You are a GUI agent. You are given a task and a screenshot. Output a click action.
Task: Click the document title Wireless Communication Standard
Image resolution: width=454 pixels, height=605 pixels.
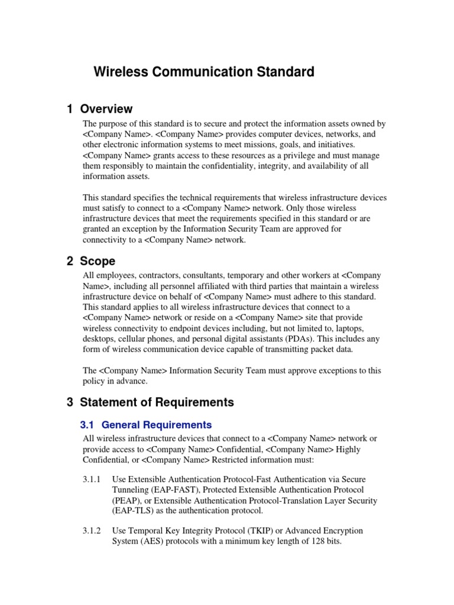click(x=204, y=72)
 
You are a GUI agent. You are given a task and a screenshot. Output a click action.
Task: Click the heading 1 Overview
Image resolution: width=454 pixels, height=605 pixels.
click(x=100, y=109)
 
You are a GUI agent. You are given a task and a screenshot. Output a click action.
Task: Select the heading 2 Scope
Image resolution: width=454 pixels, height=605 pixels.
click(x=91, y=261)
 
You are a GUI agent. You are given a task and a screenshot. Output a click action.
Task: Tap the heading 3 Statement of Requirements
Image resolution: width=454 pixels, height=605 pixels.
click(x=150, y=402)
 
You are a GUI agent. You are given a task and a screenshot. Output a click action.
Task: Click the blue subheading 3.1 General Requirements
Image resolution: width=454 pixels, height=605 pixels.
click(x=145, y=425)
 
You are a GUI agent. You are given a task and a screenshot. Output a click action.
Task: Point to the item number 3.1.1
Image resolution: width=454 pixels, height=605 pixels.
click(x=92, y=479)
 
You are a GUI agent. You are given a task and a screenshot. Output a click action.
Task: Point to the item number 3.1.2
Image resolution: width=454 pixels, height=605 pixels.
click(x=92, y=531)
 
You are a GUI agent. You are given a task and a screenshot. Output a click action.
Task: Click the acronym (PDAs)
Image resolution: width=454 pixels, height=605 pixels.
click(x=310, y=339)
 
